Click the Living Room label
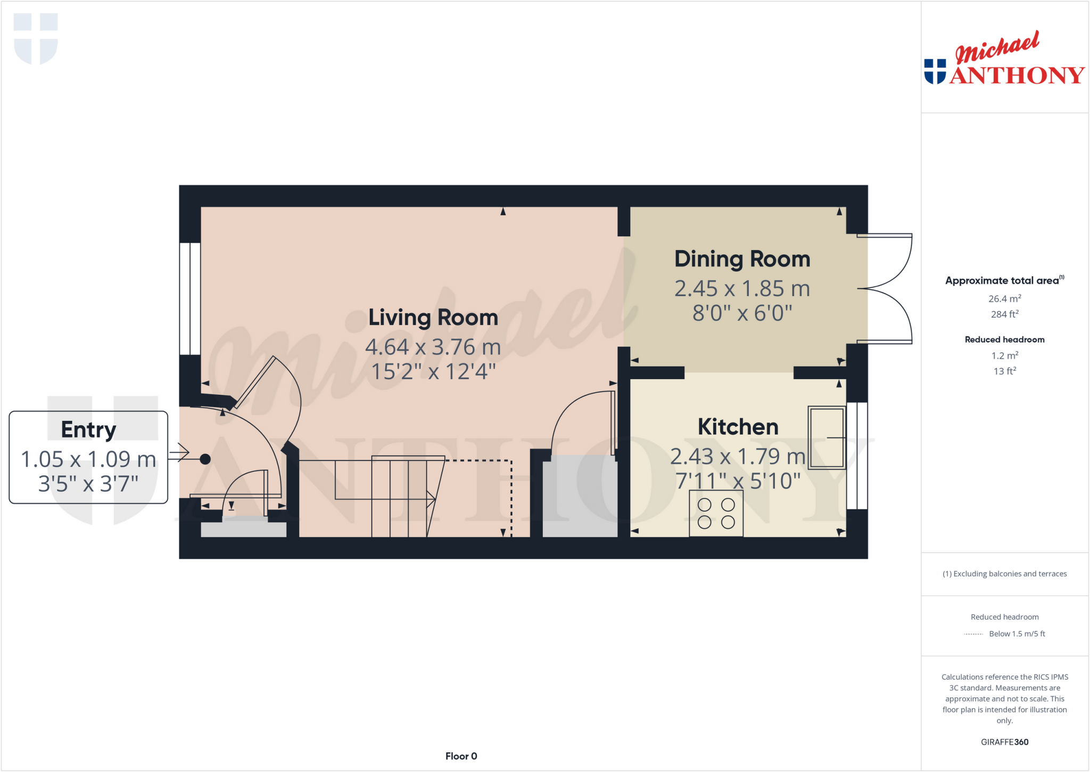(433, 318)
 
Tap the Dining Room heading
(742, 259)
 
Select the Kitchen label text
(738, 427)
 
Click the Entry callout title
(88, 429)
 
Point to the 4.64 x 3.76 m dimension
(433, 347)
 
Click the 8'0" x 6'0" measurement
(742, 313)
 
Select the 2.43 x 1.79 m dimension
(738, 457)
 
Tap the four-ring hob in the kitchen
(716, 514)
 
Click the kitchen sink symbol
(827, 437)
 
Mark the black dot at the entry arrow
(205, 459)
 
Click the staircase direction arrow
(431, 499)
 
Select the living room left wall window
(190, 299)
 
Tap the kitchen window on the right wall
(857, 456)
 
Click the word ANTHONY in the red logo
(1017, 75)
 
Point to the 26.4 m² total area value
(1004, 299)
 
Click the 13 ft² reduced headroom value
(1004, 371)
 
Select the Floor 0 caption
(461, 756)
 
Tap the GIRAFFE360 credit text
(1004, 742)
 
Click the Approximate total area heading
(1002, 281)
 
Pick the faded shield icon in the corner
(36, 38)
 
